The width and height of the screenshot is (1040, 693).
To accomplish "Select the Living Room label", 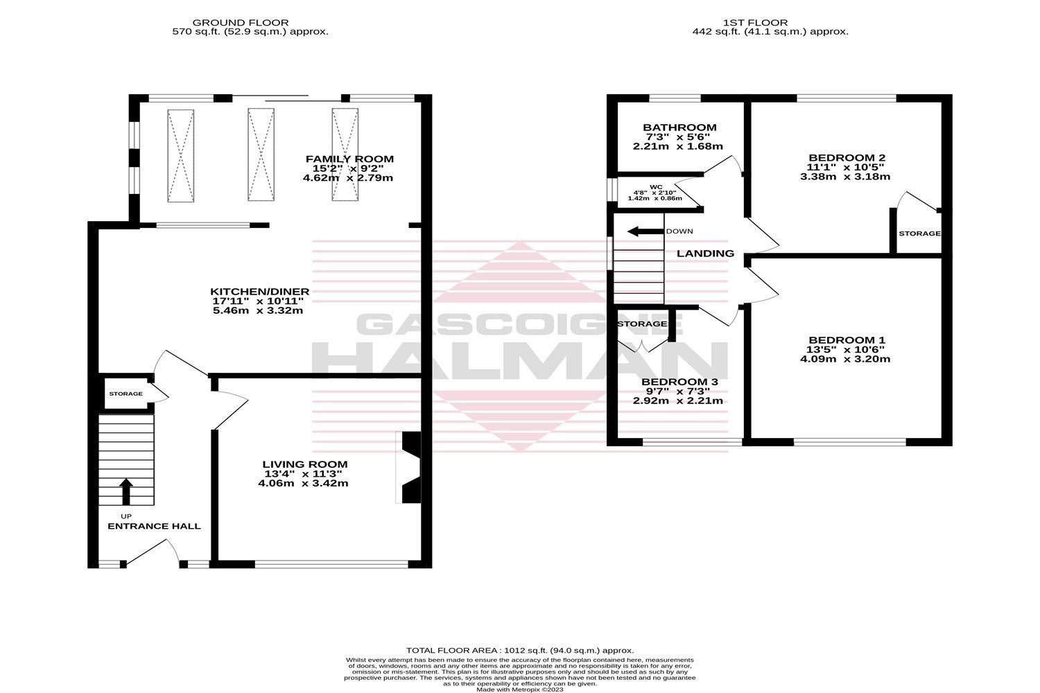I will click(x=305, y=464).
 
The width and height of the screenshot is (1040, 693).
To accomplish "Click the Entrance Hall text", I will click(x=154, y=526).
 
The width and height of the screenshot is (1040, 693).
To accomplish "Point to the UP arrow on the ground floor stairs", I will click(x=125, y=491).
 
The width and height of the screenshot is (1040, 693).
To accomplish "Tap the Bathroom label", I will click(x=679, y=128).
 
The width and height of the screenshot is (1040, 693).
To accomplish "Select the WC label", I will click(x=656, y=186).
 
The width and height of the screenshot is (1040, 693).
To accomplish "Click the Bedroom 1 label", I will click(x=847, y=340).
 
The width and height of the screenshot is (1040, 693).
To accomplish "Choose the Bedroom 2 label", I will click(x=846, y=157).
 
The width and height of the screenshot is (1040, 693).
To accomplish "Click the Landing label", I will click(x=705, y=254).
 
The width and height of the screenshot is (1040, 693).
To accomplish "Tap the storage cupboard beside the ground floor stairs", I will click(x=125, y=394).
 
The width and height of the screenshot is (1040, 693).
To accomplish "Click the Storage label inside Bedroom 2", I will click(x=919, y=234).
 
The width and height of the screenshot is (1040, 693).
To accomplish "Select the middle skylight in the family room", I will click(x=261, y=155).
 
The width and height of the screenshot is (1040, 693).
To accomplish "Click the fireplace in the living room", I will click(x=409, y=468).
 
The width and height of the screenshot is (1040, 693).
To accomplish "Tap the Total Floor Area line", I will click(x=519, y=650).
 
